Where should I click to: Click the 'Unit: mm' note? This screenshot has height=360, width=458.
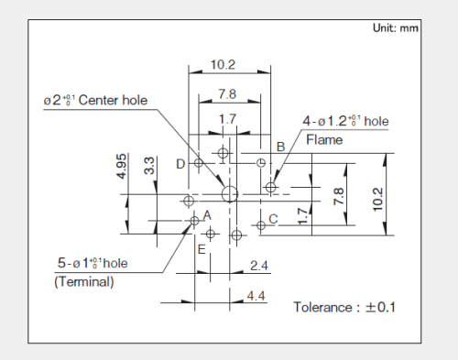[x=396, y=28]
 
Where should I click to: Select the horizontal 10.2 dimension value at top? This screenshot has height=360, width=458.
[x=223, y=65]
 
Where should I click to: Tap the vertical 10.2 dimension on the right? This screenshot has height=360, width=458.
[x=377, y=200]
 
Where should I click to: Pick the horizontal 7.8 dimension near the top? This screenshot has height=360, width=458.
[x=227, y=93]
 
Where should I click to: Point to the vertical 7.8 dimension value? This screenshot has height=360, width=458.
[x=339, y=196]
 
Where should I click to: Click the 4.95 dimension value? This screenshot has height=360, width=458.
[x=121, y=166]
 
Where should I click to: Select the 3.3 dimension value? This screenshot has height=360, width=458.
[x=149, y=166]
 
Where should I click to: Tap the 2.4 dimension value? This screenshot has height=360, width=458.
[x=259, y=266]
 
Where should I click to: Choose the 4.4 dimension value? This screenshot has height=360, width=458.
[x=256, y=296]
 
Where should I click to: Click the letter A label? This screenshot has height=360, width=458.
[x=207, y=215]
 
